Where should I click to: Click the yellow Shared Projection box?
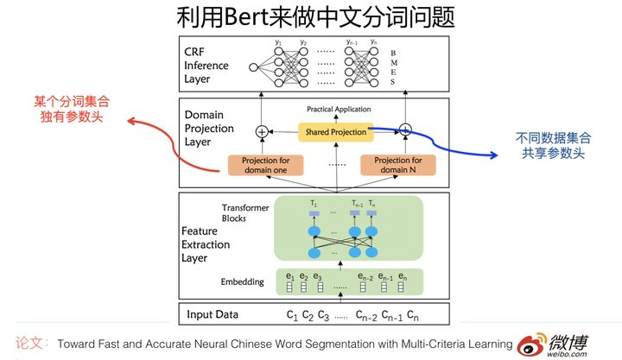335,132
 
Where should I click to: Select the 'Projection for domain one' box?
265,165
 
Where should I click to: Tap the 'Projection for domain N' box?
398,165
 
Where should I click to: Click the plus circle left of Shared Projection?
262,131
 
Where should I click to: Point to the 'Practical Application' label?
339,109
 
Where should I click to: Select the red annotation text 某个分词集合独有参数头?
72,109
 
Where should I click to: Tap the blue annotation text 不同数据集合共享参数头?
554,146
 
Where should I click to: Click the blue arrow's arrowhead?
494,155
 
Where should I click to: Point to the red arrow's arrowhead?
131,121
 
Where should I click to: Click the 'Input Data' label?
213,314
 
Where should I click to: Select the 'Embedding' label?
243,281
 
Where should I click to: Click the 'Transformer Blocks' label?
245,213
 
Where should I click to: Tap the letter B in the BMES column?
393,54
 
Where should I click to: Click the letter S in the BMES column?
393,82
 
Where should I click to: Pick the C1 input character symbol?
292,316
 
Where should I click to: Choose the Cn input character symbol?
413,316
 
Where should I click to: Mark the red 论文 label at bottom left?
29,343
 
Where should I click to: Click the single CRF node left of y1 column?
253,67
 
